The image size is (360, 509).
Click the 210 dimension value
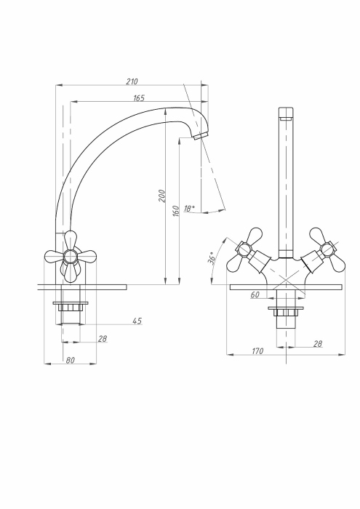[132, 81]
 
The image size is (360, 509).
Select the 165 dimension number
[139, 97]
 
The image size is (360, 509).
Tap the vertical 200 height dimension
[162, 196]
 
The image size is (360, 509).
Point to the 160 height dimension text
[175, 211]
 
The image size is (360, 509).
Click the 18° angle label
[190, 208]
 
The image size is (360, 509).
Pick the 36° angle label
[212, 259]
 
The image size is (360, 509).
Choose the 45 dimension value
[137, 321]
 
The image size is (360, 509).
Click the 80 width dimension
[70, 360]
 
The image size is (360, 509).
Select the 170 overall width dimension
[257, 351]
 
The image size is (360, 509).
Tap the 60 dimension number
[255, 294]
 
